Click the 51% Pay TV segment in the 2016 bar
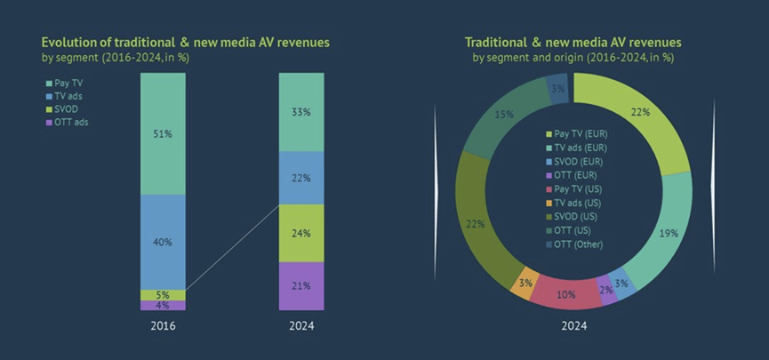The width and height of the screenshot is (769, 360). coord(163,133)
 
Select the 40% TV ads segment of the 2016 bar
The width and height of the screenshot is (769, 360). coord(163,242)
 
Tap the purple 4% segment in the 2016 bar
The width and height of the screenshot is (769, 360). coord(163,305)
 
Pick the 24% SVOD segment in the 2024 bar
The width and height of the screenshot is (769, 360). coord(301,233)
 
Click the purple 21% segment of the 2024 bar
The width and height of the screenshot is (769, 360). coord(301,286)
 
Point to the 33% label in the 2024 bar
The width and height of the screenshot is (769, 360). coord(301,112)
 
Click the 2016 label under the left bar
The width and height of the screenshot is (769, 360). coord(163,326)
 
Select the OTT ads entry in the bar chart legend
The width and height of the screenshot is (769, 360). coord(68,122)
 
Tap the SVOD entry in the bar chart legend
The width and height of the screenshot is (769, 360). coord(63,109)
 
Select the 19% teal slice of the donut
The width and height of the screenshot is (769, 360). coord(660,230)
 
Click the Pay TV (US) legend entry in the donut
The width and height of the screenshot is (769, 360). coord(574,188)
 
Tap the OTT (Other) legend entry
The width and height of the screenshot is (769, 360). coord(575,244)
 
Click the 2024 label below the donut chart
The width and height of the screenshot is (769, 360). coord(573,326)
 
